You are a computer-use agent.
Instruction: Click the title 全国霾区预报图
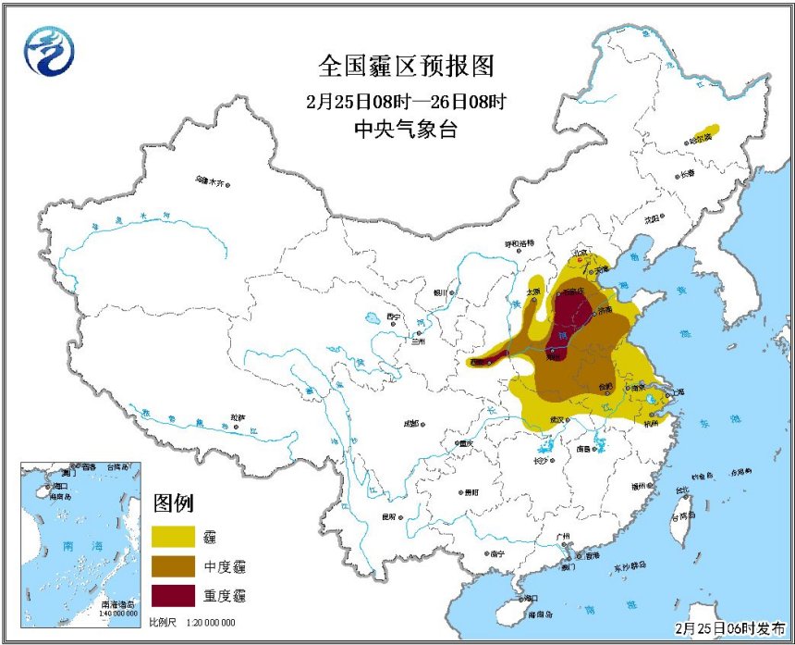[x=407, y=67]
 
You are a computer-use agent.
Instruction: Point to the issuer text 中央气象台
[x=406, y=130]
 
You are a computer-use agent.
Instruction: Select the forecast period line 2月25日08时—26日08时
[x=407, y=100]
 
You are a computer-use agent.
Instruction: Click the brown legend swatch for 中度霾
[x=175, y=564]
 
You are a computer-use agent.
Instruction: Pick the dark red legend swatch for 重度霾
[x=175, y=593]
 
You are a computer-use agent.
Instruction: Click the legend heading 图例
[x=173, y=503]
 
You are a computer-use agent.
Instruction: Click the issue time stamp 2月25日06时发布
[x=729, y=627]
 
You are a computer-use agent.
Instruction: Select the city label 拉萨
[x=238, y=417]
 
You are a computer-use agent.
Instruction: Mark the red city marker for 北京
[x=580, y=259]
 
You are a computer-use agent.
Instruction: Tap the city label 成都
[x=410, y=423]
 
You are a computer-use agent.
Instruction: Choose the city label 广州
[x=563, y=536]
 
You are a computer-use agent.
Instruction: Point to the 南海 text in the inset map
[x=60, y=546]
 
